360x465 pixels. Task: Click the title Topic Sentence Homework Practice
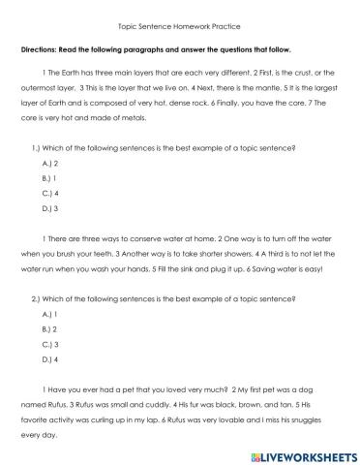coord(179,27)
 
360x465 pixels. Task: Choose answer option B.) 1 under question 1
coord(51,179)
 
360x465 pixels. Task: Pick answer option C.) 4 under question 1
coord(51,194)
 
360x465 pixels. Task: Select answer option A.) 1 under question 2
coord(51,316)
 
